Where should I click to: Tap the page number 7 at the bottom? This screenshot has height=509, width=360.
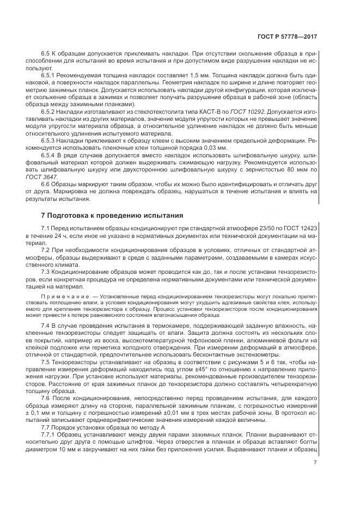pyautogui.click(x=315, y=463)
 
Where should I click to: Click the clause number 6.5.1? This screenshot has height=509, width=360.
pyautogui.click(x=49, y=76)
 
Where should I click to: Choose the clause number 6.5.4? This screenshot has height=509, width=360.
pyautogui.click(x=49, y=155)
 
